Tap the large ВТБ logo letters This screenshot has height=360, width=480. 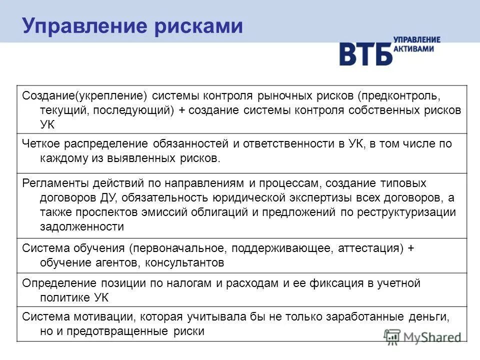coord(365,53)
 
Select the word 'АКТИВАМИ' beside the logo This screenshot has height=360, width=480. coord(413,49)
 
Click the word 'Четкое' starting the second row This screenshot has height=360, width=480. coord(39,144)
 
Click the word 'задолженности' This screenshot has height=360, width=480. coord(81,226)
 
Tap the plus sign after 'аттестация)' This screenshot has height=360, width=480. coord(411,248)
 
